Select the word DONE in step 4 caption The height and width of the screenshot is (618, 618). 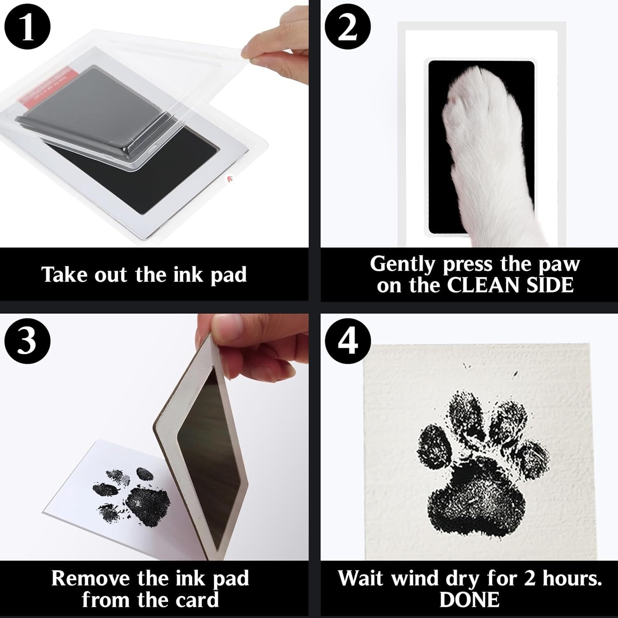pos(469,599)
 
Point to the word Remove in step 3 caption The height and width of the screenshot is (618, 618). pos(90,578)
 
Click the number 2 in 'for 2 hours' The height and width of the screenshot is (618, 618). pos(529,578)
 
